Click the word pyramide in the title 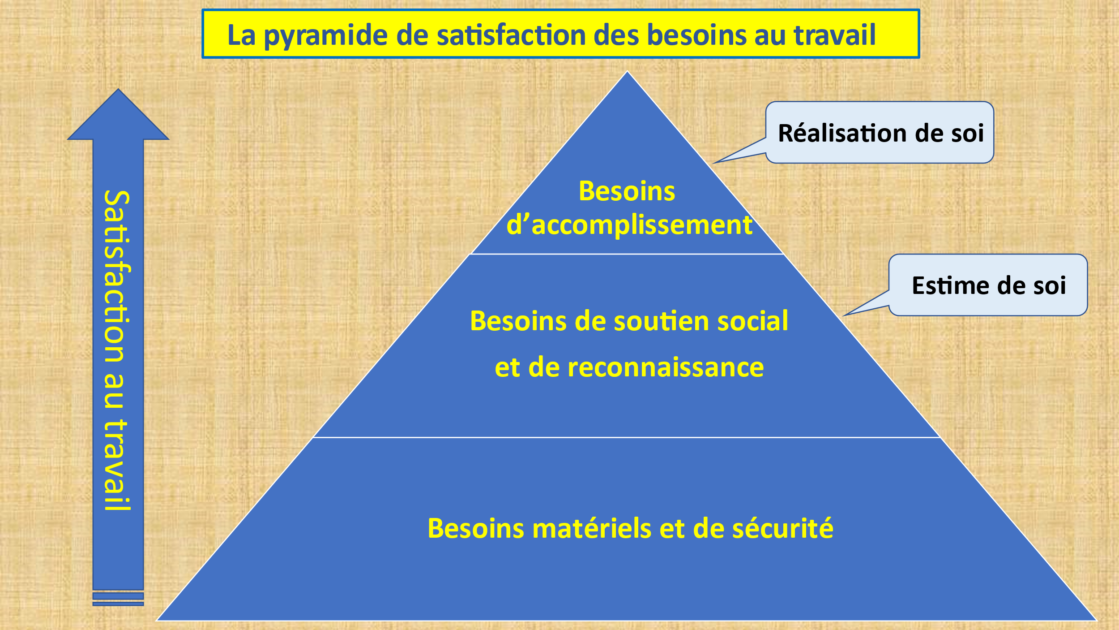(325, 36)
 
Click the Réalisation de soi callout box (880, 132)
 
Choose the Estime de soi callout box (988, 285)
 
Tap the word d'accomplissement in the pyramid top (629, 225)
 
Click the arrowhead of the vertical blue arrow (118, 114)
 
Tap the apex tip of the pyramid (627, 72)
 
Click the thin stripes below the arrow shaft (118, 599)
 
